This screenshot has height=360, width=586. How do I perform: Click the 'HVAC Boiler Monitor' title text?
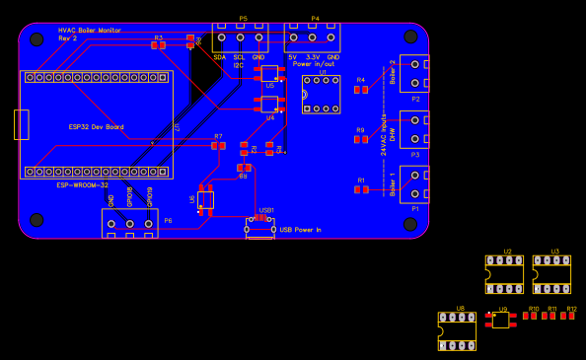pos(90,31)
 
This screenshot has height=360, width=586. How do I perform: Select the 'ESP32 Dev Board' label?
pos(96,127)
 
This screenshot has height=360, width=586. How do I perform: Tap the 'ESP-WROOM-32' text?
pos(82,185)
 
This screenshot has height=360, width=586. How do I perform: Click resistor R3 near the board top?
pos(158,44)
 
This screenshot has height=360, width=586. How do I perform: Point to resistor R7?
pos(218,145)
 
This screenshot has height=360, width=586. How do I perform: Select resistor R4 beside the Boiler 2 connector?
pos(361,90)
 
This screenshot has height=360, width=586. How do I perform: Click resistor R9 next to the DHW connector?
pos(361,139)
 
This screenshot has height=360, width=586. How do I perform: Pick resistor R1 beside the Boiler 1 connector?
pos(361,189)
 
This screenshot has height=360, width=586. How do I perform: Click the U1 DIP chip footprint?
pos(321,95)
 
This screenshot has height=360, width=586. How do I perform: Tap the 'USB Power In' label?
pos(300,230)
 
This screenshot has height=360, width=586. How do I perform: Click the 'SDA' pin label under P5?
pos(219,57)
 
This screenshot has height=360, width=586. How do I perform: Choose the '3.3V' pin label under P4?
pos(312,57)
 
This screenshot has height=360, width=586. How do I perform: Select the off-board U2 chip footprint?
pos(504,275)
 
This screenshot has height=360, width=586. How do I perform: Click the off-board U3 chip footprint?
pos(551,275)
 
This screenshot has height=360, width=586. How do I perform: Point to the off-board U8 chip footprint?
pos(457,332)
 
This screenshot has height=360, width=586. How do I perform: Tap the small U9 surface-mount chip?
pos(501,320)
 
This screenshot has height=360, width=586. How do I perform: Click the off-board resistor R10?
pos(533,316)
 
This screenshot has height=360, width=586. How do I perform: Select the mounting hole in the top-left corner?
pos(37,39)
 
